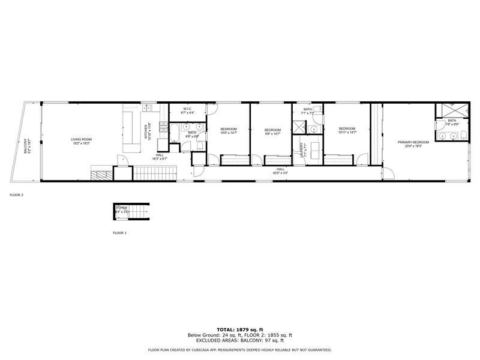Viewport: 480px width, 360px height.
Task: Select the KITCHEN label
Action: point(145,132)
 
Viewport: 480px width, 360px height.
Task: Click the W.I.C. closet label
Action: point(187,109)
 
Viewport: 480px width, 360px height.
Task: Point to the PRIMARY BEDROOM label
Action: point(413,142)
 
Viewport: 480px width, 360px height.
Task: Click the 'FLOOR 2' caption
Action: point(17,195)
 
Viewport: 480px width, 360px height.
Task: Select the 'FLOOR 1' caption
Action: point(120,232)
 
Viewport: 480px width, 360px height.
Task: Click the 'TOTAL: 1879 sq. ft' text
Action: point(239,330)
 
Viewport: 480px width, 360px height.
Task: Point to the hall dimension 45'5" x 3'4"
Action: point(280,173)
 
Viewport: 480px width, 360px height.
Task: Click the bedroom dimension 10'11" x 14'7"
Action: point(347,132)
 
